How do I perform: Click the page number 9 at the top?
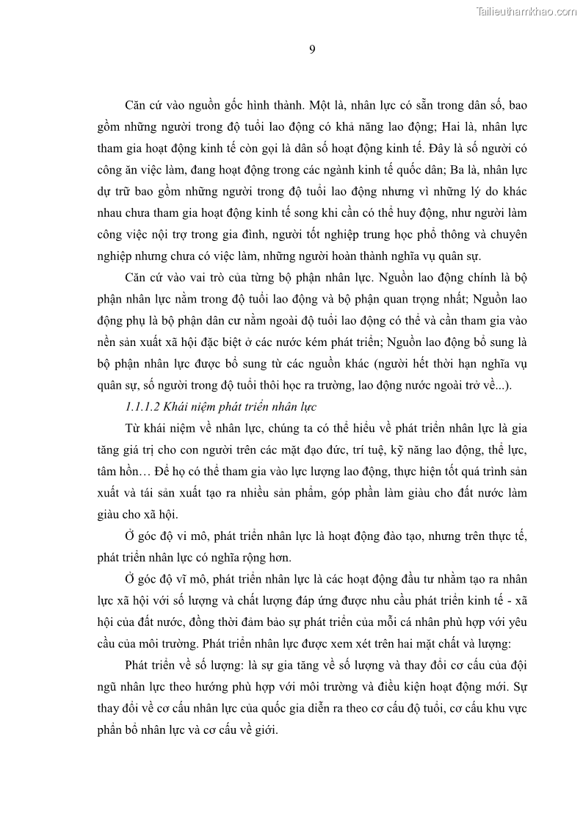coord(312,49)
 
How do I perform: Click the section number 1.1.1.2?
coord(144,406)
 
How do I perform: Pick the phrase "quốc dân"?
coord(411,169)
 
